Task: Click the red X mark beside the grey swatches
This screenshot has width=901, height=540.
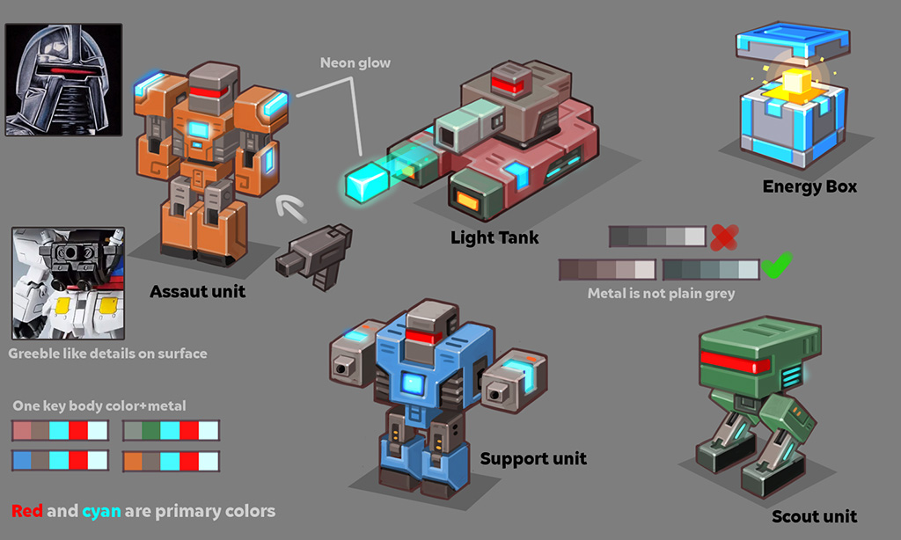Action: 724,236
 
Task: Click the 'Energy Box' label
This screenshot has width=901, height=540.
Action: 809,186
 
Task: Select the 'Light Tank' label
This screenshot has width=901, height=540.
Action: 494,237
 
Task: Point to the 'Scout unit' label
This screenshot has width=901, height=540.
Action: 814,516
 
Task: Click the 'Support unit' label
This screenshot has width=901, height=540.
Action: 533,458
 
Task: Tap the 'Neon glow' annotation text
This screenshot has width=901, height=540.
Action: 355,63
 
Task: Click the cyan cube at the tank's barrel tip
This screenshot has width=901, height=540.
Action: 366,181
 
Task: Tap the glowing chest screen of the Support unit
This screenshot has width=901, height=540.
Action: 412,383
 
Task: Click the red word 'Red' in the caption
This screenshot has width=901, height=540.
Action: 27,511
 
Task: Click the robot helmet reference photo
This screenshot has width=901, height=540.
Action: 63,79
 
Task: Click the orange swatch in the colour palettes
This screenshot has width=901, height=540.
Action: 132,461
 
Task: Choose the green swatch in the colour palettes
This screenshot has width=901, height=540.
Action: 151,431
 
